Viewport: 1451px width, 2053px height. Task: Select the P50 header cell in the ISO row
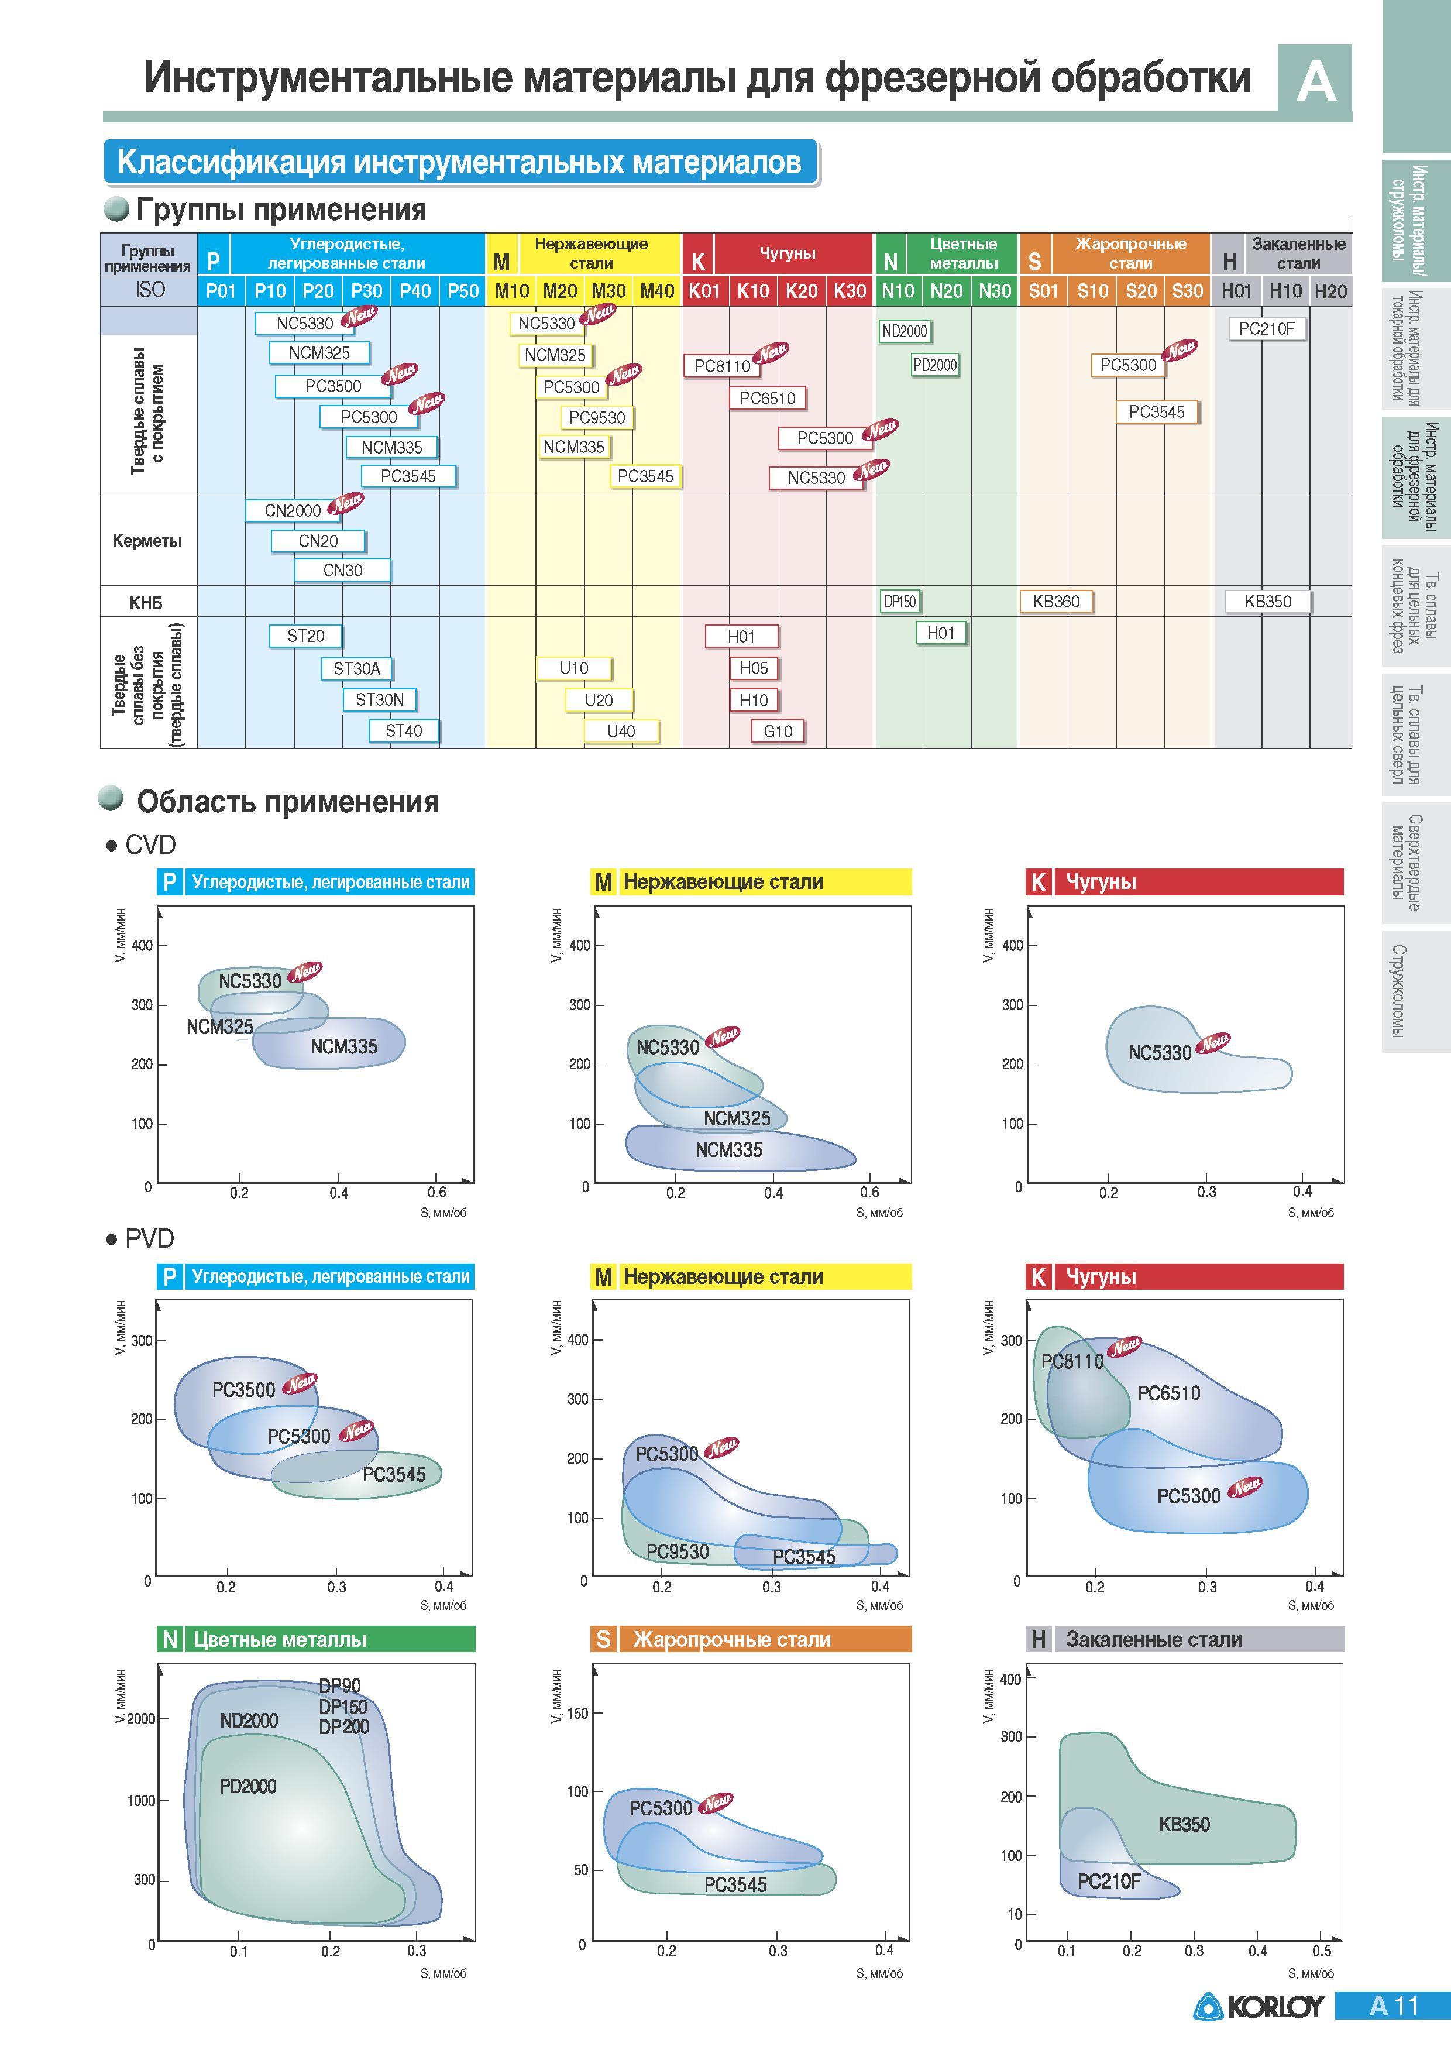click(x=463, y=291)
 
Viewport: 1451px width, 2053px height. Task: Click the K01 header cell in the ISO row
click(x=704, y=291)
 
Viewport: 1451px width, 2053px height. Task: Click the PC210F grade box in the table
click(x=1266, y=328)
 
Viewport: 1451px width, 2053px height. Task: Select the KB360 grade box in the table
click(x=1056, y=602)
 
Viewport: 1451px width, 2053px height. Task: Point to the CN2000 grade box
click(x=293, y=510)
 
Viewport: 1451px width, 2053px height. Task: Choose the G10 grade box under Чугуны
click(x=778, y=732)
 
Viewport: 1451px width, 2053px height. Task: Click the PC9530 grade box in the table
click(x=597, y=418)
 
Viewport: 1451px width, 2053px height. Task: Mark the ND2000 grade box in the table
click(x=905, y=331)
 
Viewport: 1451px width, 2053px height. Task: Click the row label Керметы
click(x=147, y=541)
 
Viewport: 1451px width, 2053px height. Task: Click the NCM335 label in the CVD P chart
click(x=344, y=1046)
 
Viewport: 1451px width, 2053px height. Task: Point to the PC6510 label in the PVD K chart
click(x=1168, y=1393)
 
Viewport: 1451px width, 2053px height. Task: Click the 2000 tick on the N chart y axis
click(x=140, y=1719)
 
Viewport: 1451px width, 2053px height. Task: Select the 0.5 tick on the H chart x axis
click(x=1321, y=1951)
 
